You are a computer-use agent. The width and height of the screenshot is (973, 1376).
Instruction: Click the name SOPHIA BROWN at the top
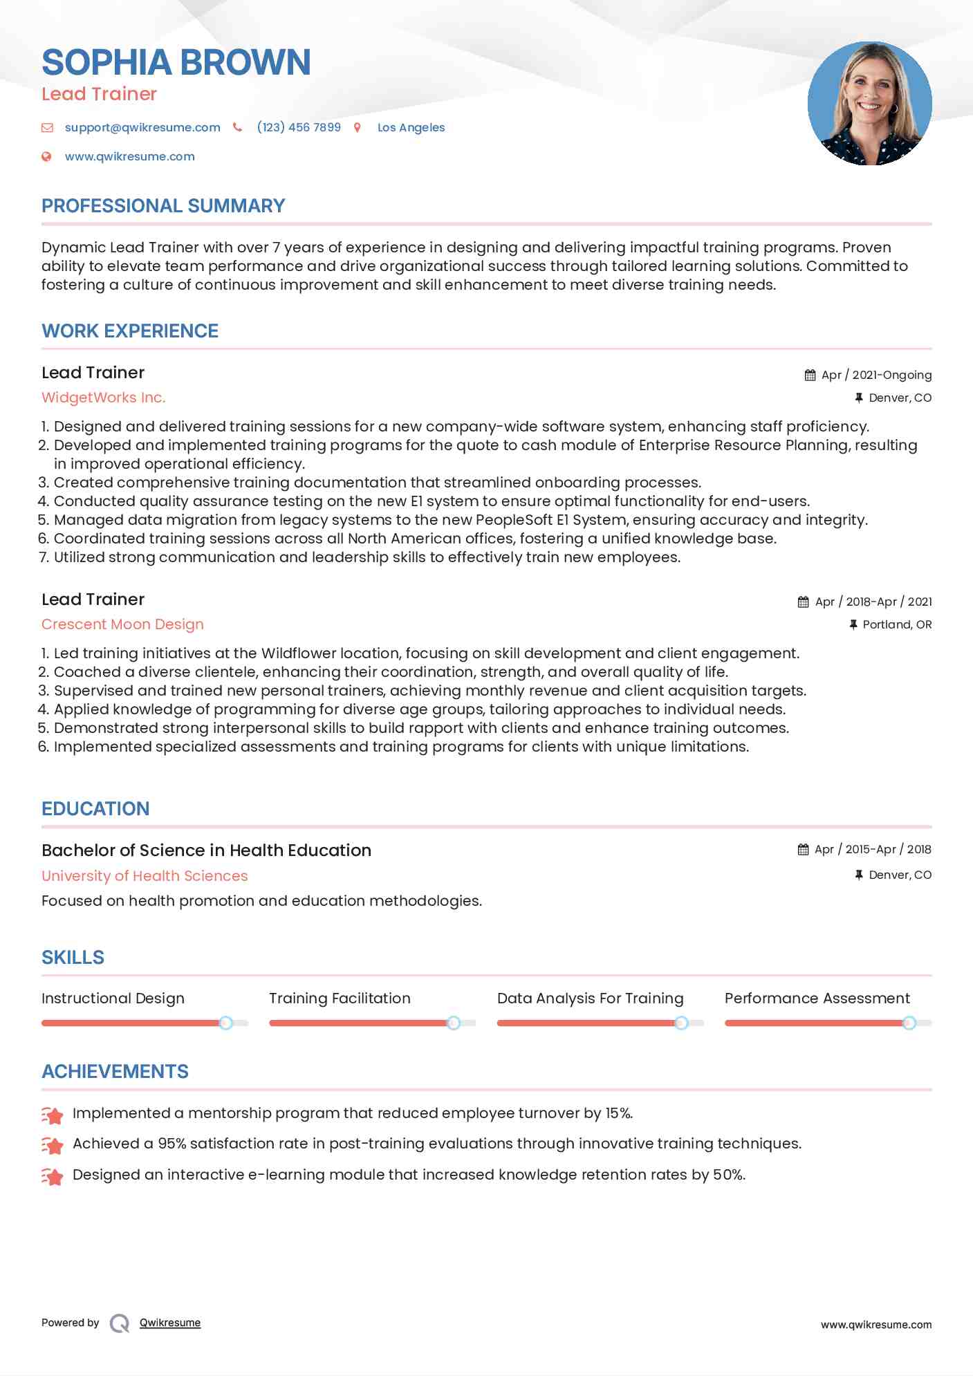pos(176,62)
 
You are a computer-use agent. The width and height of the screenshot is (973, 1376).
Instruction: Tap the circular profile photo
pos(869,104)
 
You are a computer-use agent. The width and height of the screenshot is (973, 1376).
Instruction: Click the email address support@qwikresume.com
pos(142,127)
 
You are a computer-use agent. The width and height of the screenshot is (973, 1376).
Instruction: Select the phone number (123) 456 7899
pos(299,127)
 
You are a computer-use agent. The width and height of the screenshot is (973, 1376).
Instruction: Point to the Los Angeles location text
pos(411,127)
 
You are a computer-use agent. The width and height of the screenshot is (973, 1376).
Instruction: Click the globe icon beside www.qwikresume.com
pos(46,156)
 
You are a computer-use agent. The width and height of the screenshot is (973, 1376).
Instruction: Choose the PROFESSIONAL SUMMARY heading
pos(163,206)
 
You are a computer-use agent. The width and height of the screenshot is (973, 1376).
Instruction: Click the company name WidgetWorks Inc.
pos(104,398)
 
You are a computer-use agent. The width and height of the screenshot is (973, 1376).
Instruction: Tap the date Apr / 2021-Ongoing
pos(876,375)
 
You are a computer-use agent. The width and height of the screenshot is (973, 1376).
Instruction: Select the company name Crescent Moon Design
pos(122,624)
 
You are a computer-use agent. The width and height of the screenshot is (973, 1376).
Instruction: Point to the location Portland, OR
pos(897,624)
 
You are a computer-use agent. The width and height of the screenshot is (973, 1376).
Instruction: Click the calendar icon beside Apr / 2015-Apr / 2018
pos(803,849)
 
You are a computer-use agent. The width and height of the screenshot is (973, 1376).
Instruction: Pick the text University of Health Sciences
pos(145,875)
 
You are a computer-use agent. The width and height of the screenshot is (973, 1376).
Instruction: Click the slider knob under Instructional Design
pos(225,1023)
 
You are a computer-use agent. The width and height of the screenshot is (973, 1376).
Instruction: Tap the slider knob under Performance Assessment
pos(909,1023)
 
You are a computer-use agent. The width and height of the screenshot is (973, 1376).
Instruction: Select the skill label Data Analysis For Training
pos(590,998)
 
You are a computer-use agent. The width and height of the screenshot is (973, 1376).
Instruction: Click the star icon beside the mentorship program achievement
pos(52,1115)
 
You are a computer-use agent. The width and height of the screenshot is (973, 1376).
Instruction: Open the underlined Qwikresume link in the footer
pos(170,1323)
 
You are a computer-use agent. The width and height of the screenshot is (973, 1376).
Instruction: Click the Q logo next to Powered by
pos(120,1323)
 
